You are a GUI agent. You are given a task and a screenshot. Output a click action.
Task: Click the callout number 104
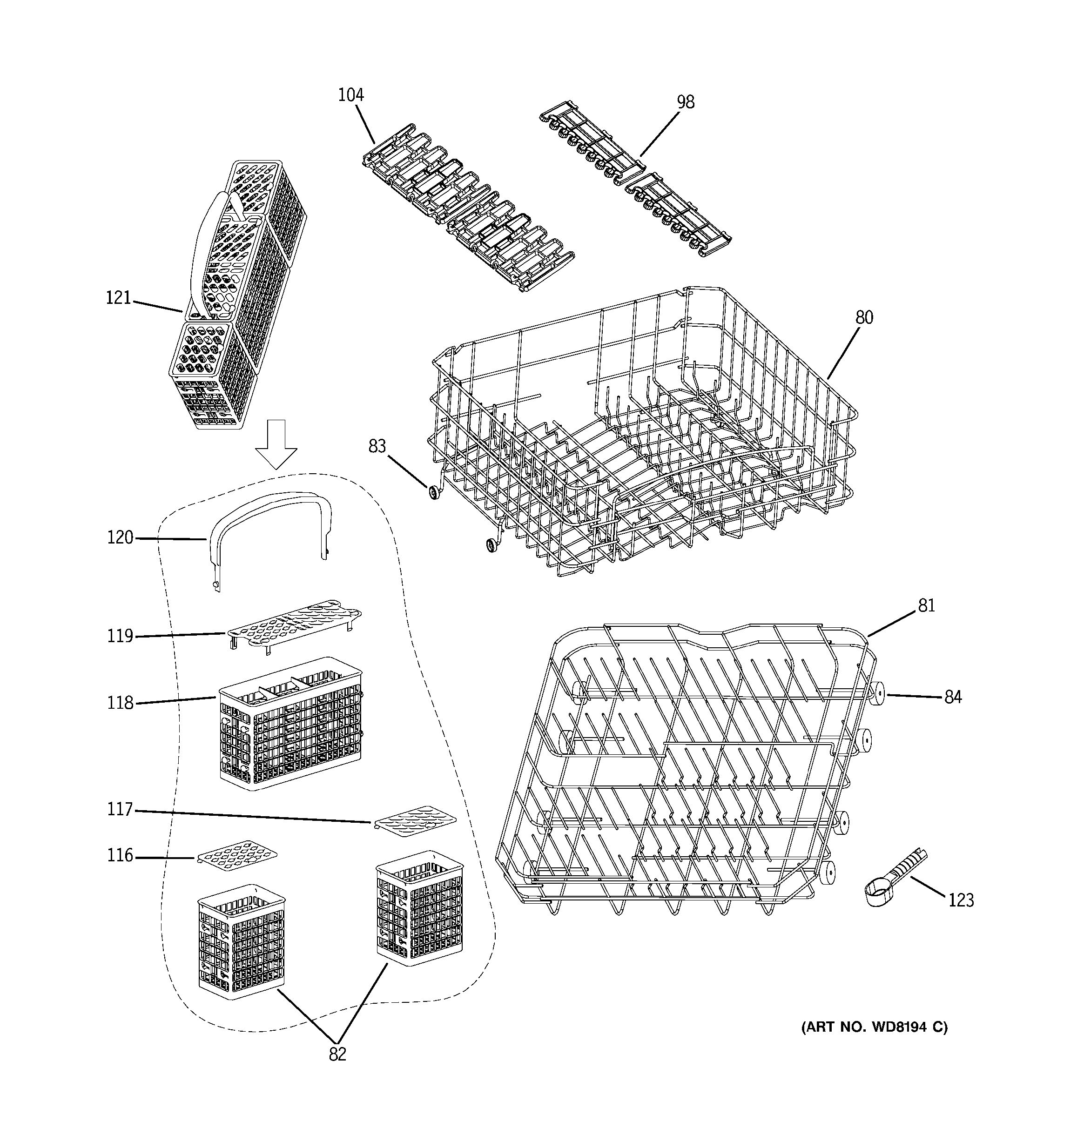click(x=350, y=95)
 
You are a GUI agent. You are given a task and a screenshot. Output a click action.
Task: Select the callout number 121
click(x=118, y=298)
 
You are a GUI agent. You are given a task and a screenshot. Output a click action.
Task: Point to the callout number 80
click(x=864, y=317)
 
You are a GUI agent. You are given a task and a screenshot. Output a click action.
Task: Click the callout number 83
click(x=377, y=446)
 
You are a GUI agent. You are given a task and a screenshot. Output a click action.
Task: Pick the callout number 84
click(x=953, y=698)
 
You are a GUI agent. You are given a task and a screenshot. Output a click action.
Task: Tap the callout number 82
click(x=337, y=1054)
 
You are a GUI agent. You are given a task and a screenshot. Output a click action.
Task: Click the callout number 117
click(x=120, y=810)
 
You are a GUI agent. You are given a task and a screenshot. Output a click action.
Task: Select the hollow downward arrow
click(x=276, y=443)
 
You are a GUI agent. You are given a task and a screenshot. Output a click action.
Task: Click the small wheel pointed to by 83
click(x=433, y=493)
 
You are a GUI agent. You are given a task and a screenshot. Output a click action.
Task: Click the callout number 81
click(x=926, y=606)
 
